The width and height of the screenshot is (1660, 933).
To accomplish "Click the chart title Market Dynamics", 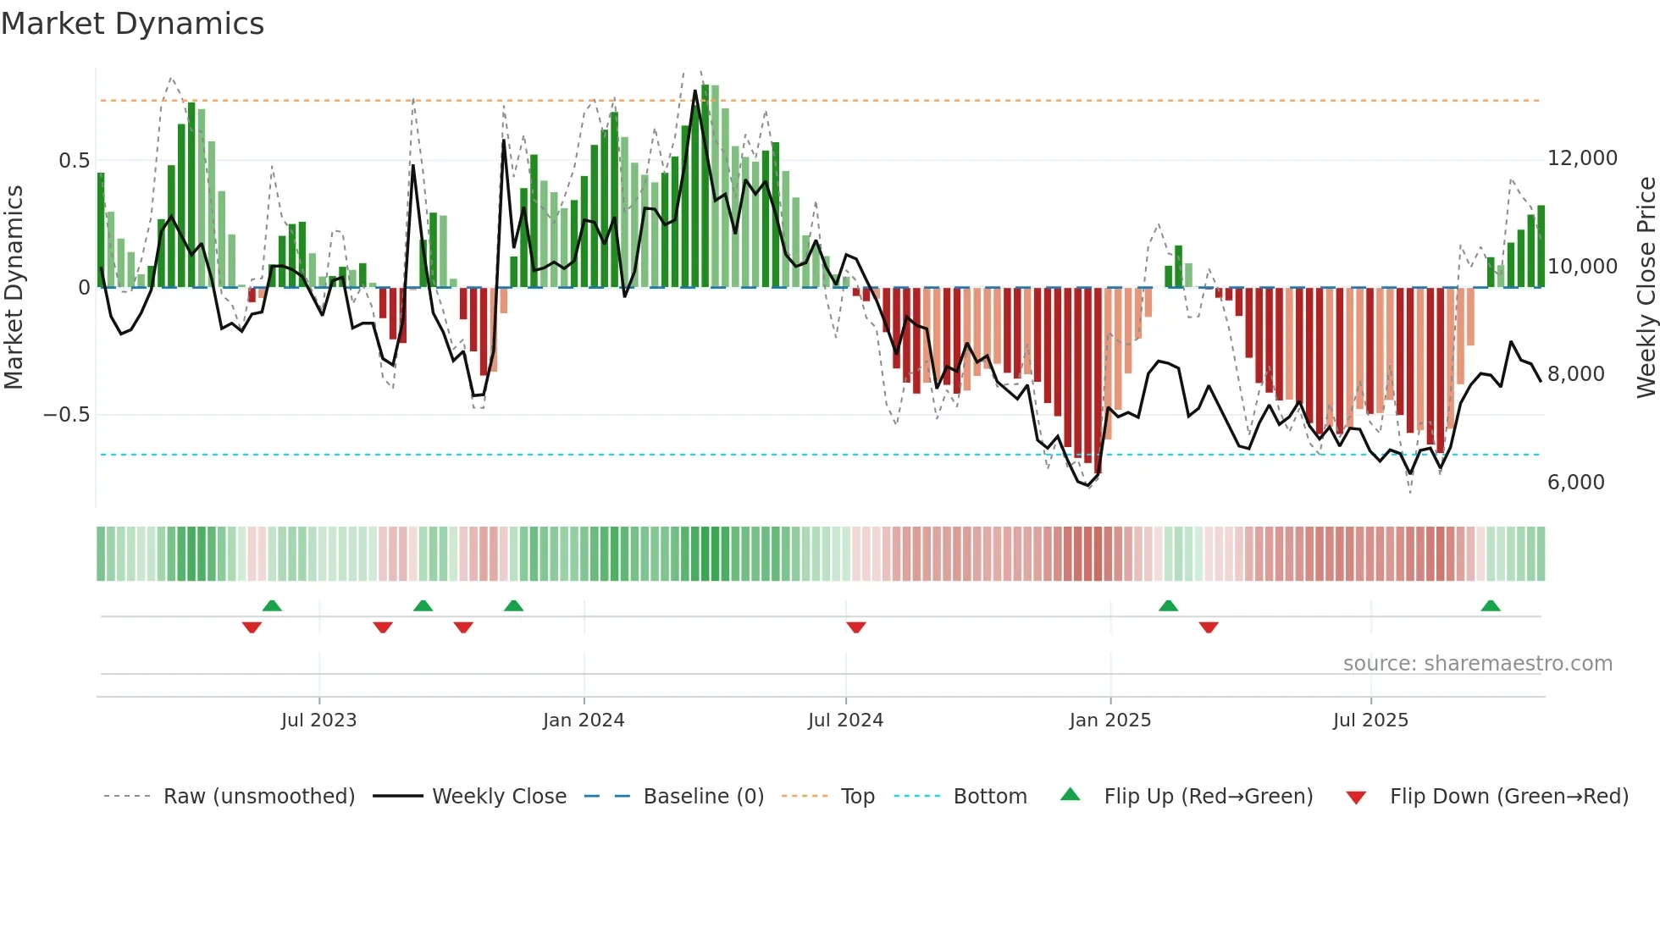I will [132, 24].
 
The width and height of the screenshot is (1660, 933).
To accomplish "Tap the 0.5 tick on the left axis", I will [74, 161].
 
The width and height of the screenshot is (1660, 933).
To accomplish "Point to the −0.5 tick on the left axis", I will [66, 415].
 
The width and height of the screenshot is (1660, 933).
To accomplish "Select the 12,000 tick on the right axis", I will [1582, 158].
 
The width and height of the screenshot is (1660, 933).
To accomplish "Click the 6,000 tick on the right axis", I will [1575, 483].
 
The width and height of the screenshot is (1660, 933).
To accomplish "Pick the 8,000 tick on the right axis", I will [1575, 374].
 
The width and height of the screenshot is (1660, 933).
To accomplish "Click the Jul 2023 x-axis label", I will [318, 720].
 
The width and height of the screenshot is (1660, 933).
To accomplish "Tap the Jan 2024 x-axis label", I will [584, 720].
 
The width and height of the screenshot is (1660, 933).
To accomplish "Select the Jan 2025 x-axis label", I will [1109, 720].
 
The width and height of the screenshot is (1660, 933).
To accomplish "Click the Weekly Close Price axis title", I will [1646, 287].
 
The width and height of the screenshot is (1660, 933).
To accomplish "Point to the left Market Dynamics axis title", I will [14, 287].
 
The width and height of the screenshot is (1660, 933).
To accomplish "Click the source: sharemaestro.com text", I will [1477, 664].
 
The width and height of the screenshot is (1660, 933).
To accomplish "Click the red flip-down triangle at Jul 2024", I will [855, 627].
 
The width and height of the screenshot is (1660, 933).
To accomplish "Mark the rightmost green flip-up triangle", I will [1490, 605].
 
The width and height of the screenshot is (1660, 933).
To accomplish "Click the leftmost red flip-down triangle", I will [252, 627].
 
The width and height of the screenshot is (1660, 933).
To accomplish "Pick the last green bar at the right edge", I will [1541, 246].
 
